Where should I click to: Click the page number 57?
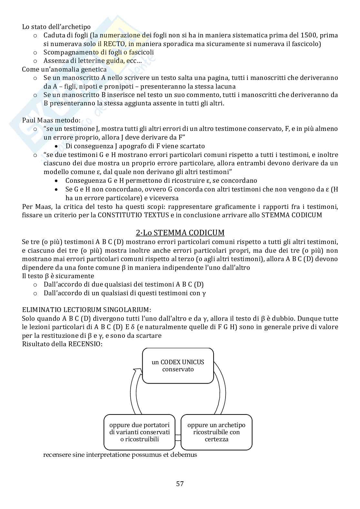(x=180, y=484)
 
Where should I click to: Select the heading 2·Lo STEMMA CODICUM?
(x=180, y=232)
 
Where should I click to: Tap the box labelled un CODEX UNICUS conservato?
(x=178, y=366)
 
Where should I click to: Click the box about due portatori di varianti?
(x=139, y=432)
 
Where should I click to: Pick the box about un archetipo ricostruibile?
(x=216, y=432)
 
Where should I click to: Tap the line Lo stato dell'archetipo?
(x=56, y=27)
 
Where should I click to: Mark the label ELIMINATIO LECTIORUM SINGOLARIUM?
(x=86, y=310)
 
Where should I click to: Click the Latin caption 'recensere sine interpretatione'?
(x=120, y=455)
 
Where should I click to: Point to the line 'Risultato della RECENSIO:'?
(x=62, y=344)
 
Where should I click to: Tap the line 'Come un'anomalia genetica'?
(x=64, y=69)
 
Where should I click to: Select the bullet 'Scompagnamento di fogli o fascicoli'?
(x=98, y=52)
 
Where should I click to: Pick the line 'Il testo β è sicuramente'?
(x=58, y=276)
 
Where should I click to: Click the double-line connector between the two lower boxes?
(x=178, y=438)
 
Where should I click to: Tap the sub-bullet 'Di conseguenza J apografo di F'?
(x=135, y=146)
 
